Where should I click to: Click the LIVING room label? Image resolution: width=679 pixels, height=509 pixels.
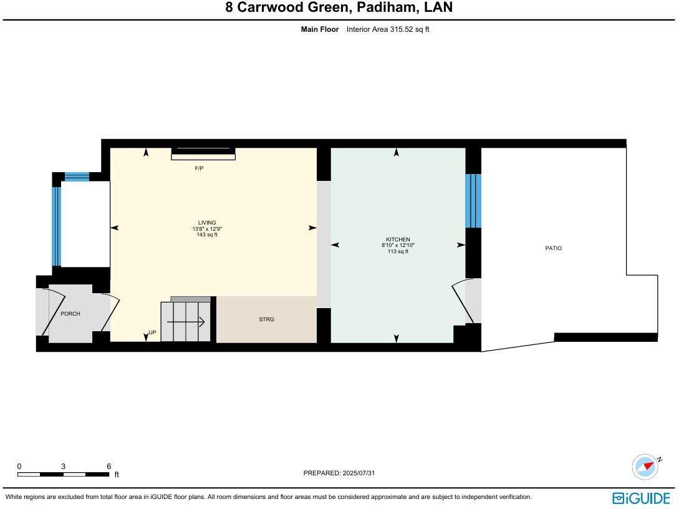(x=207, y=223)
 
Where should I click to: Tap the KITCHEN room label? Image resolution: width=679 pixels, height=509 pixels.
(x=398, y=240)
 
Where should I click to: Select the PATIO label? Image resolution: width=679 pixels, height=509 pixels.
(x=553, y=248)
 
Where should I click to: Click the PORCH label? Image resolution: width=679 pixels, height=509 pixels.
(x=70, y=314)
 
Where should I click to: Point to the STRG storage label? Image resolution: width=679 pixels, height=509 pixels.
(x=266, y=319)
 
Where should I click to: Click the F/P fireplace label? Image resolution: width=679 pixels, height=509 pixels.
(x=199, y=169)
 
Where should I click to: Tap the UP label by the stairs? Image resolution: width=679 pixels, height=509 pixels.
(x=152, y=333)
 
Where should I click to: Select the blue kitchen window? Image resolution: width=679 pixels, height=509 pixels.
(x=473, y=201)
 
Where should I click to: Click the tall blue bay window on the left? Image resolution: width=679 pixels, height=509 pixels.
(x=57, y=226)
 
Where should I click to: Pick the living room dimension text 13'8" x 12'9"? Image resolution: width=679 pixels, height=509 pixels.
(x=207, y=229)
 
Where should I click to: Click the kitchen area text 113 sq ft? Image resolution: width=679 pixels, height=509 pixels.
(x=398, y=251)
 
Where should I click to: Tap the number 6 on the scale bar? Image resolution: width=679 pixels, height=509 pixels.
(x=108, y=467)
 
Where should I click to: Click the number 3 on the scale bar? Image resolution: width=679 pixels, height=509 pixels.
(x=64, y=467)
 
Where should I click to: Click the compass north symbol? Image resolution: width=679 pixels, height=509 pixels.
(x=645, y=467)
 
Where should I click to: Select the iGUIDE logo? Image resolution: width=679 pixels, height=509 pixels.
(x=641, y=498)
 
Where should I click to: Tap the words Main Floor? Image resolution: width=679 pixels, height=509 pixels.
(x=320, y=29)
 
